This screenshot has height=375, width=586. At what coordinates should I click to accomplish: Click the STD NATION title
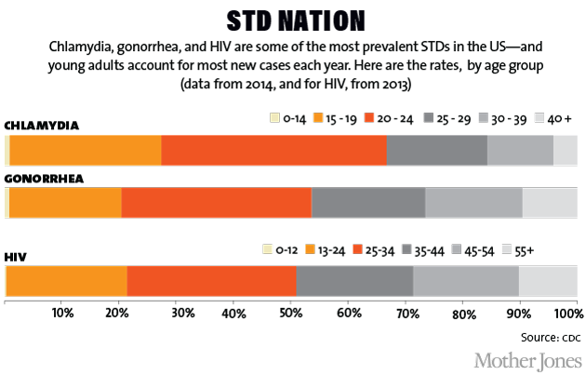pos(293,20)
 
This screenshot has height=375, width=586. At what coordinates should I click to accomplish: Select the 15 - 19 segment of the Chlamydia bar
pos(86,150)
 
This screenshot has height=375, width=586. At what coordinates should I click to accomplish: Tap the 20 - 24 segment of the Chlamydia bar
pos(273,150)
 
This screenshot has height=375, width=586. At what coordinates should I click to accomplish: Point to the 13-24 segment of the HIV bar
pos(67,280)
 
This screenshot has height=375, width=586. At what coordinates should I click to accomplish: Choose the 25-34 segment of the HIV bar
pos(211,280)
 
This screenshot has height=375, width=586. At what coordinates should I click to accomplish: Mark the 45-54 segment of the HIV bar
pos(465,280)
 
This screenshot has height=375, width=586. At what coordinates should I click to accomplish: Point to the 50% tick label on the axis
pos(291,312)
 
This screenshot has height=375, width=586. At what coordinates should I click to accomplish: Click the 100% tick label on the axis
pos(564,312)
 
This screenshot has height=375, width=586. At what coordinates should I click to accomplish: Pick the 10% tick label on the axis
pos(62,312)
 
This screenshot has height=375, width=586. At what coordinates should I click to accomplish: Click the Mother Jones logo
pos(527,359)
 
